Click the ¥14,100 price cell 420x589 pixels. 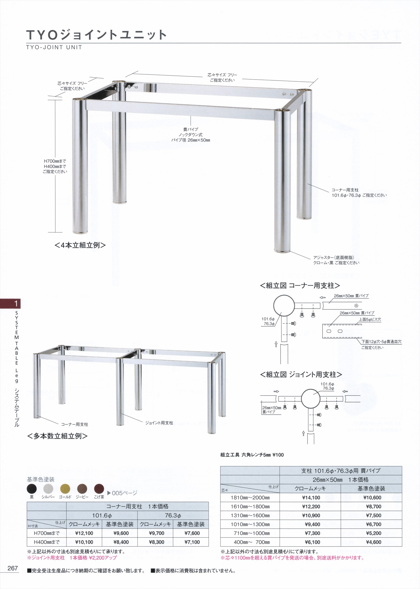(311, 497)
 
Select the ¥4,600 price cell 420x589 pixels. (372, 542)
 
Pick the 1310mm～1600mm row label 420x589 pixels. (250, 515)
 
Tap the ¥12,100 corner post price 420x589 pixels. (84, 533)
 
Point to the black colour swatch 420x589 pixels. (32, 489)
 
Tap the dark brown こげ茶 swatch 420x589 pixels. (99, 489)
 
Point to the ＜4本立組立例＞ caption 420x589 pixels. (80, 245)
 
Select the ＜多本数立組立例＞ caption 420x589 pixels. (57, 436)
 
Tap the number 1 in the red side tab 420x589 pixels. (16, 303)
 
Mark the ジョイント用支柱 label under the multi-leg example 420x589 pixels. (159, 423)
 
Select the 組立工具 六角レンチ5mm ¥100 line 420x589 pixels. (252, 455)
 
